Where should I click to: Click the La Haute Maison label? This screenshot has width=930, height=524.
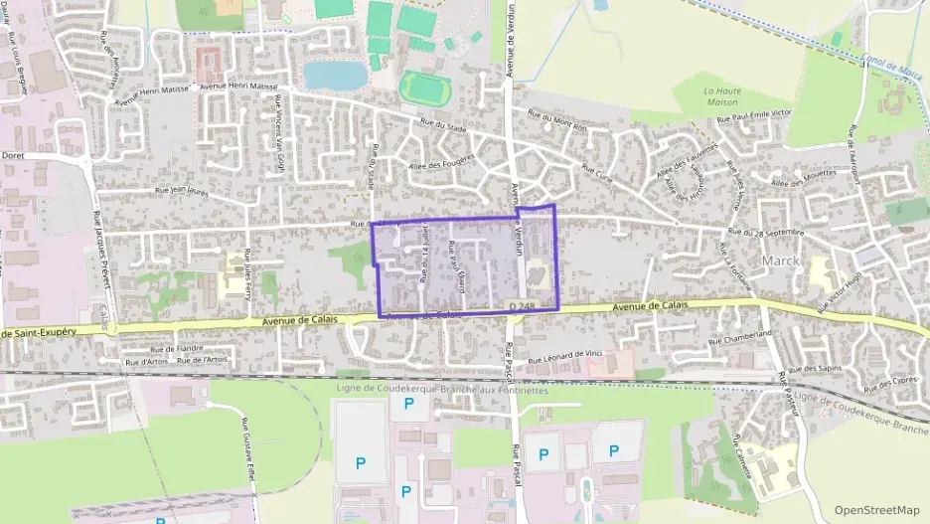tap(724, 96)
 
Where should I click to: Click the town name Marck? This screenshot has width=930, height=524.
tap(780, 261)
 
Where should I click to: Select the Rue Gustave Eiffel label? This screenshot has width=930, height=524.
tap(247, 453)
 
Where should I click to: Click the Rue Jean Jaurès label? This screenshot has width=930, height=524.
tap(184, 191)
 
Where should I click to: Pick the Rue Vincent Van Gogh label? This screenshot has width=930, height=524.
tap(280, 147)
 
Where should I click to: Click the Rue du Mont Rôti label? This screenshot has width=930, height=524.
tap(558, 121)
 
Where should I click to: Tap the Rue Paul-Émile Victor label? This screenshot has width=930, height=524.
tap(753, 118)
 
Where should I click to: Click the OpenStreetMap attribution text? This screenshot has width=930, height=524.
tap(876, 509)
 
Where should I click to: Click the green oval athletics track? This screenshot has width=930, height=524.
tap(425, 87)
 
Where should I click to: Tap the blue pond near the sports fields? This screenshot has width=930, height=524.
tap(335, 75)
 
